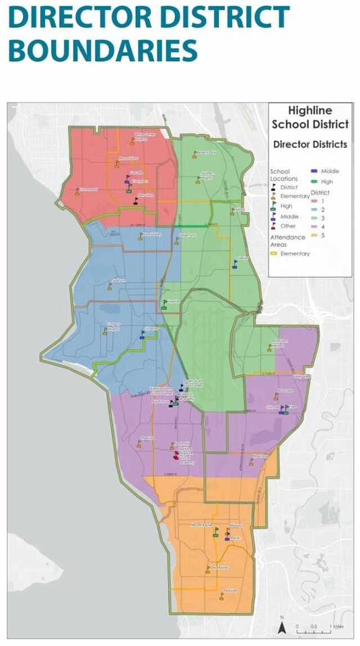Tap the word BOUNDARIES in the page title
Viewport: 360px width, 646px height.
(x=102, y=50)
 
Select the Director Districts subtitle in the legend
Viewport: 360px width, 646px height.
(x=310, y=144)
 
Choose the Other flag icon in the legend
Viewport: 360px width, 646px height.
(x=274, y=225)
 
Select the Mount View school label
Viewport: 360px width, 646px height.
(x=129, y=158)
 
